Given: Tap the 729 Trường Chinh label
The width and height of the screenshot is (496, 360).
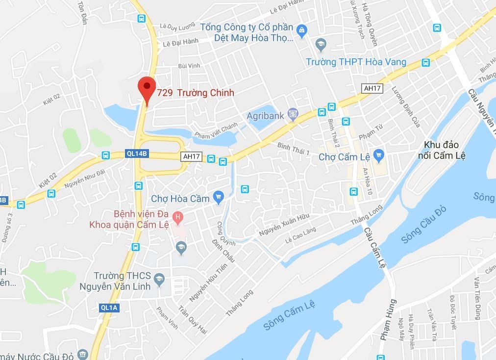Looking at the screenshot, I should coord(196,93).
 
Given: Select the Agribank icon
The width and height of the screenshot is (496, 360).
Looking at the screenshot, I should coord(293,115).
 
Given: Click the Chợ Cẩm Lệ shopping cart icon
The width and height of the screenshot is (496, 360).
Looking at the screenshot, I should coord(378,156).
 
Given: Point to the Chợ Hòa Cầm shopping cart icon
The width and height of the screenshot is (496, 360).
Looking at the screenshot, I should coord(219,198).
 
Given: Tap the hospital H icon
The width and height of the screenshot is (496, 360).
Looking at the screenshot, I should coord(178,216).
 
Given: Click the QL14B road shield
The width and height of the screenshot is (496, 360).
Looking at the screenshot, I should coord(137,154).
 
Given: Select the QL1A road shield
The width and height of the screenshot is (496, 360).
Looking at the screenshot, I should coord(109,308).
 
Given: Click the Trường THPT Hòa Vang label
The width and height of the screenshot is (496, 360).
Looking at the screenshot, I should coord(356,62).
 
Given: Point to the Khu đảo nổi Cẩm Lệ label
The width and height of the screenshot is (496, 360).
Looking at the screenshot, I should coord(442,150).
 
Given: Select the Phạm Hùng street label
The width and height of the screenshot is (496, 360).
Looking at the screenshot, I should coord(388,320).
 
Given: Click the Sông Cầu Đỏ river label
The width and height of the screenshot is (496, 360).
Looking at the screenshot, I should coord(424,224).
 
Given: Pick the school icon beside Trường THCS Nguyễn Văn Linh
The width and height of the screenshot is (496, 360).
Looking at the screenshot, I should coord(158,281).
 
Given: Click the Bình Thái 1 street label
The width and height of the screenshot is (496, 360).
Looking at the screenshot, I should coord(293,149).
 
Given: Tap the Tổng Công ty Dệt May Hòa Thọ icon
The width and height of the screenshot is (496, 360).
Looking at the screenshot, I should coord(302,31).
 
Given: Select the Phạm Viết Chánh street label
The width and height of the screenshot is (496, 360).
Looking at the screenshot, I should coord(216,131).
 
